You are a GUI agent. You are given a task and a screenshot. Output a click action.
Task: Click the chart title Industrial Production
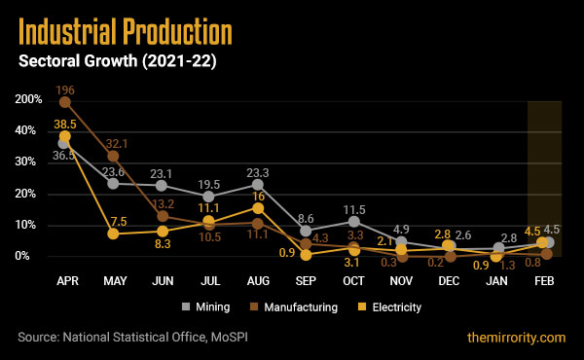coord(126,34)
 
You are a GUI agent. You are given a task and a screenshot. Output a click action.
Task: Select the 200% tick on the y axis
coord(27,100)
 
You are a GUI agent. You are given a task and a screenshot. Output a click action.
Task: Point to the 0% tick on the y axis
coord(31,256)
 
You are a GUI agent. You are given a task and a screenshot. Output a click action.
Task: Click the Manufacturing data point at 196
coord(65,102)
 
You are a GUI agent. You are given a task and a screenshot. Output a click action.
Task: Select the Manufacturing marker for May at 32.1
coord(114,156)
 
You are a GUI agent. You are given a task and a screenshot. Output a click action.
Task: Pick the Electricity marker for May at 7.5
coord(114,234)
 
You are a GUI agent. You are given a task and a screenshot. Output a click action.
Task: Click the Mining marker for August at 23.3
coord(258,184)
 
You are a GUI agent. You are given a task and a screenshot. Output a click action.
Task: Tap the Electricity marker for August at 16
coord(258,207)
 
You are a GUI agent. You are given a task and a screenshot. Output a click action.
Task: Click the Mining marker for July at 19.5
coord(209,196)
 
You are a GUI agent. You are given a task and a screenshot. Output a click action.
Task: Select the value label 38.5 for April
coord(65,126)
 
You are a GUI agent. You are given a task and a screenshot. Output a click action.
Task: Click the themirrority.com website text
coord(515,338)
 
